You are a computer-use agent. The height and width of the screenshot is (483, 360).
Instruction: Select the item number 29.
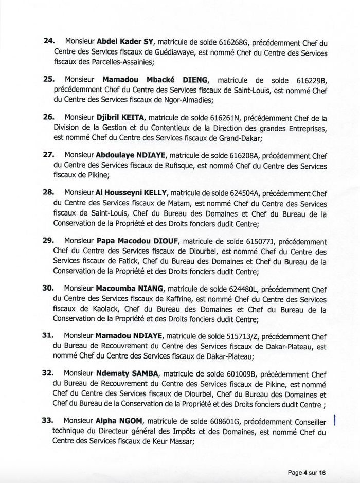coord(48,240)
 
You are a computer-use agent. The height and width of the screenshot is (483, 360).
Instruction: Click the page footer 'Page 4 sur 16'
coord(308,472)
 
